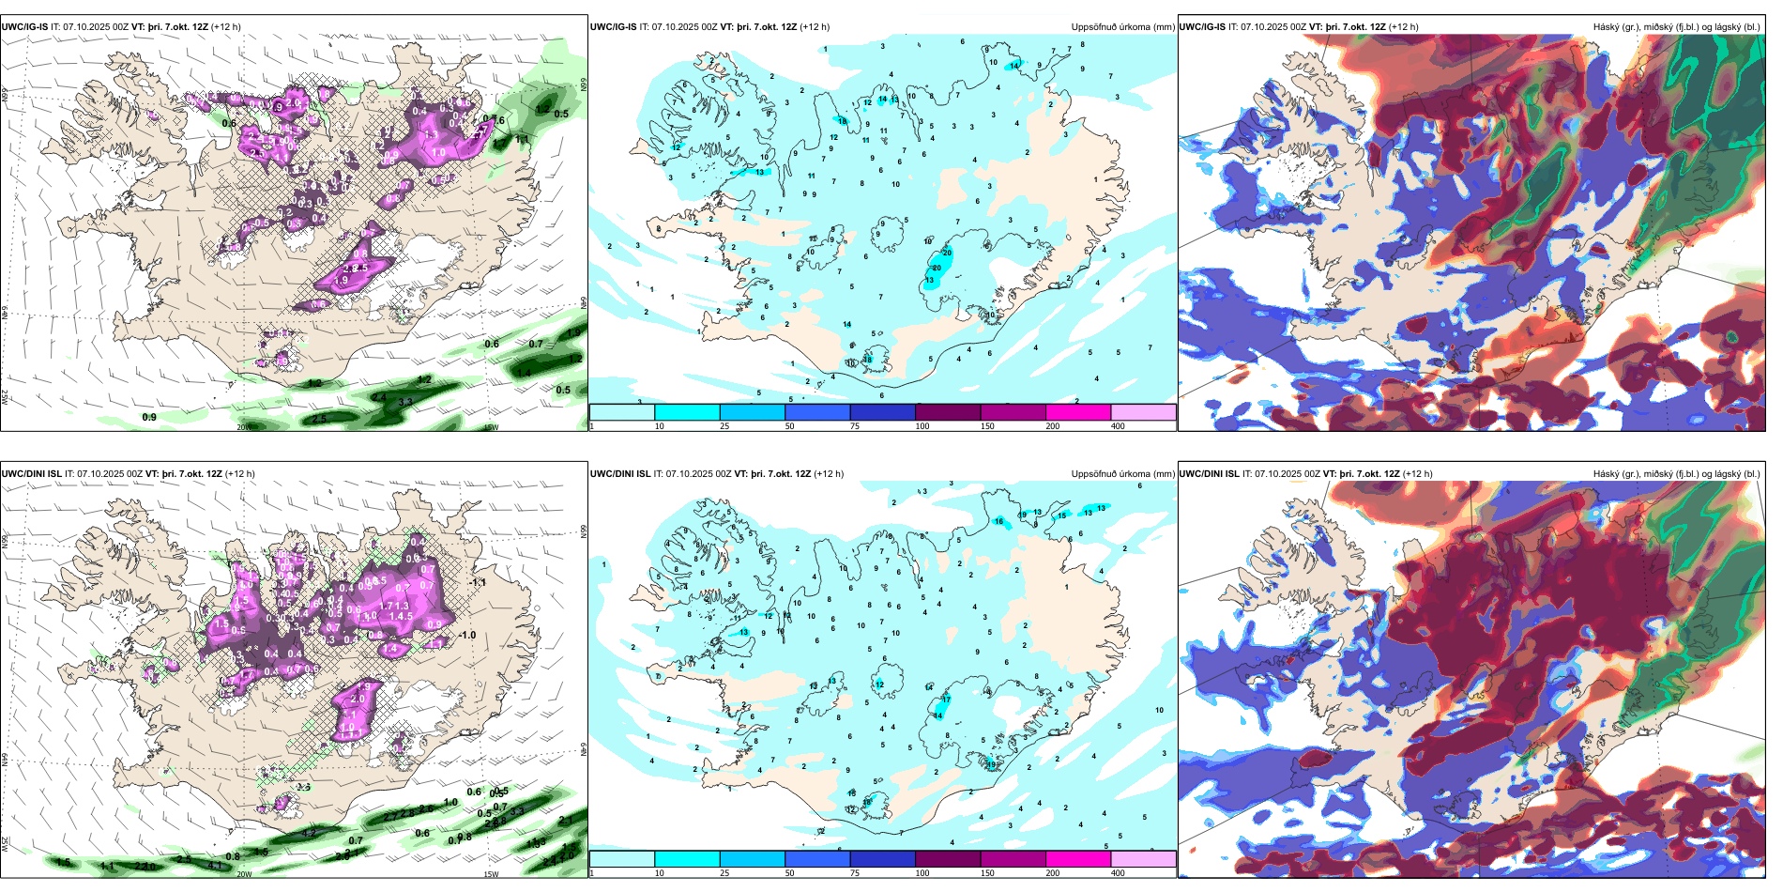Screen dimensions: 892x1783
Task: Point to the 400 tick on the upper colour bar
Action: tap(1118, 426)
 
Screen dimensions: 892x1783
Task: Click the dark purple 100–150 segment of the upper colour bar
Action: tap(948, 412)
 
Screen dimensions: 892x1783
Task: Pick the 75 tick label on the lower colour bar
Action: tap(855, 873)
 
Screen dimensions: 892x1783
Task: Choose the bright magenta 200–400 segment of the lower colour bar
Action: tap(1078, 859)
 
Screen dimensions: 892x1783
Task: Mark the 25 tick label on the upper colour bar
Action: tap(724, 426)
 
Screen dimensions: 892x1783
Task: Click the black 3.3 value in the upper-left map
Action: tap(405, 402)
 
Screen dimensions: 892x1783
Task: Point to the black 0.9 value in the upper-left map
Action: tap(149, 417)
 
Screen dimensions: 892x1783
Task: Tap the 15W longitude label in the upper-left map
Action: tap(490, 427)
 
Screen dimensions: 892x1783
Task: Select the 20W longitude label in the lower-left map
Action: tap(244, 874)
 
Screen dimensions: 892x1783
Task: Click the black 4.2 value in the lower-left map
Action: tap(309, 833)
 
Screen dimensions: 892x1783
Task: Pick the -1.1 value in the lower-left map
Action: tap(479, 582)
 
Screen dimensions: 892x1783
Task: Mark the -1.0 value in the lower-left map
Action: tap(466, 635)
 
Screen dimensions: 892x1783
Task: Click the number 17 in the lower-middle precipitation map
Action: tap(946, 700)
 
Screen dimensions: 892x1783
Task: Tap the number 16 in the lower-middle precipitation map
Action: tap(999, 521)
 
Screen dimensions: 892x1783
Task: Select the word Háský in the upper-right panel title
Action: tap(1607, 27)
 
